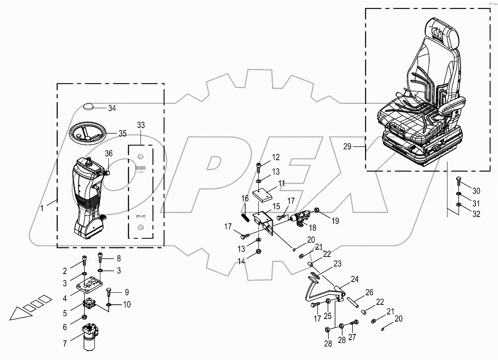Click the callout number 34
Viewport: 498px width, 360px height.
pyautogui.click(x=112, y=108)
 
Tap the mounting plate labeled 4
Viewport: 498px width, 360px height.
pyautogui.click(x=90, y=284)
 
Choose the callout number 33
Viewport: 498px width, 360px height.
pyautogui.click(x=141, y=125)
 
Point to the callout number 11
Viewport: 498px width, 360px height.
pyautogui.click(x=282, y=183)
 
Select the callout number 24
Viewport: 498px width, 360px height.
pyautogui.click(x=354, y=280)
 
